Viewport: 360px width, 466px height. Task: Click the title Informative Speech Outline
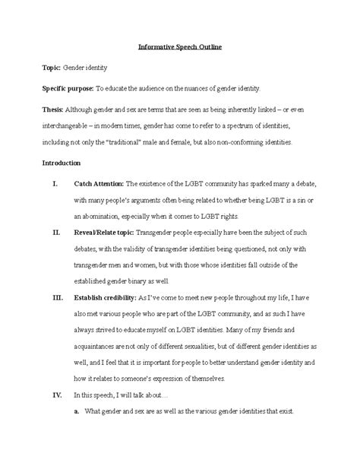pos(179,47)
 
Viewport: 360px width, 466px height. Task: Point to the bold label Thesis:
pos(53,108)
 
